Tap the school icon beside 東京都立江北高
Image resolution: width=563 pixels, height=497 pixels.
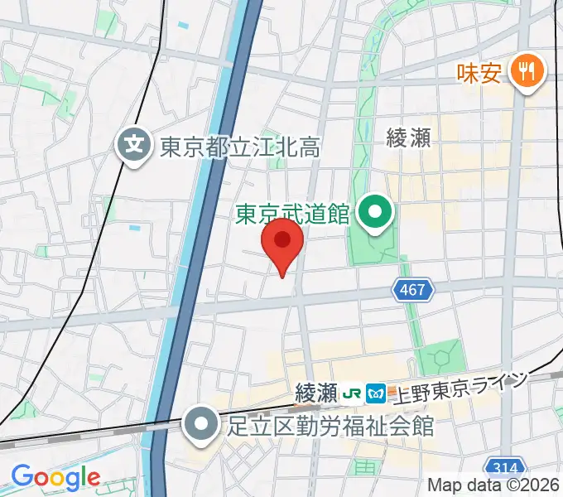click(132, 147)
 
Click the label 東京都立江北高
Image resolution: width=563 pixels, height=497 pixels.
click(239, 147)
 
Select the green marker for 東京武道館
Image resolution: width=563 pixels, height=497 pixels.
click(375, 213)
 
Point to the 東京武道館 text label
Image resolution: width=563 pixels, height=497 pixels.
click(292, 215)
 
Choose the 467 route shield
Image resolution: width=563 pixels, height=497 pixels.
click(410, 290)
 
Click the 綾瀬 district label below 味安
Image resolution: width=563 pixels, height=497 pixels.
click(408, 138)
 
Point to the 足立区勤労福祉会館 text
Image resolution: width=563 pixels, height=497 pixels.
click(330, 426)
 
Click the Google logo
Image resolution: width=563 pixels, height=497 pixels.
click(55, 477)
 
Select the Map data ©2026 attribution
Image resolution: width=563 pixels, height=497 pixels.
click(493, 486)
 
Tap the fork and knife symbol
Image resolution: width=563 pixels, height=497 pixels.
click(526, 70)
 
